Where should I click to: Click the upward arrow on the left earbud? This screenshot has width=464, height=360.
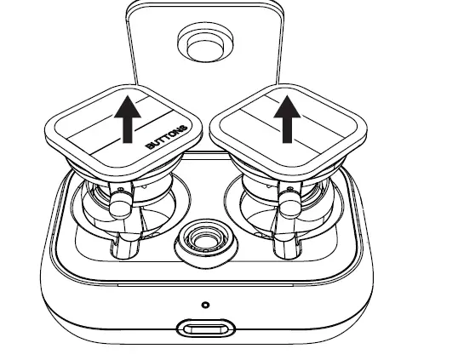(129, 120)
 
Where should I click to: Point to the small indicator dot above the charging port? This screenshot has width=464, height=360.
(205, 304)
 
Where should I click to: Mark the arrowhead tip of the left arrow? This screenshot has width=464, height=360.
(129, 99)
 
